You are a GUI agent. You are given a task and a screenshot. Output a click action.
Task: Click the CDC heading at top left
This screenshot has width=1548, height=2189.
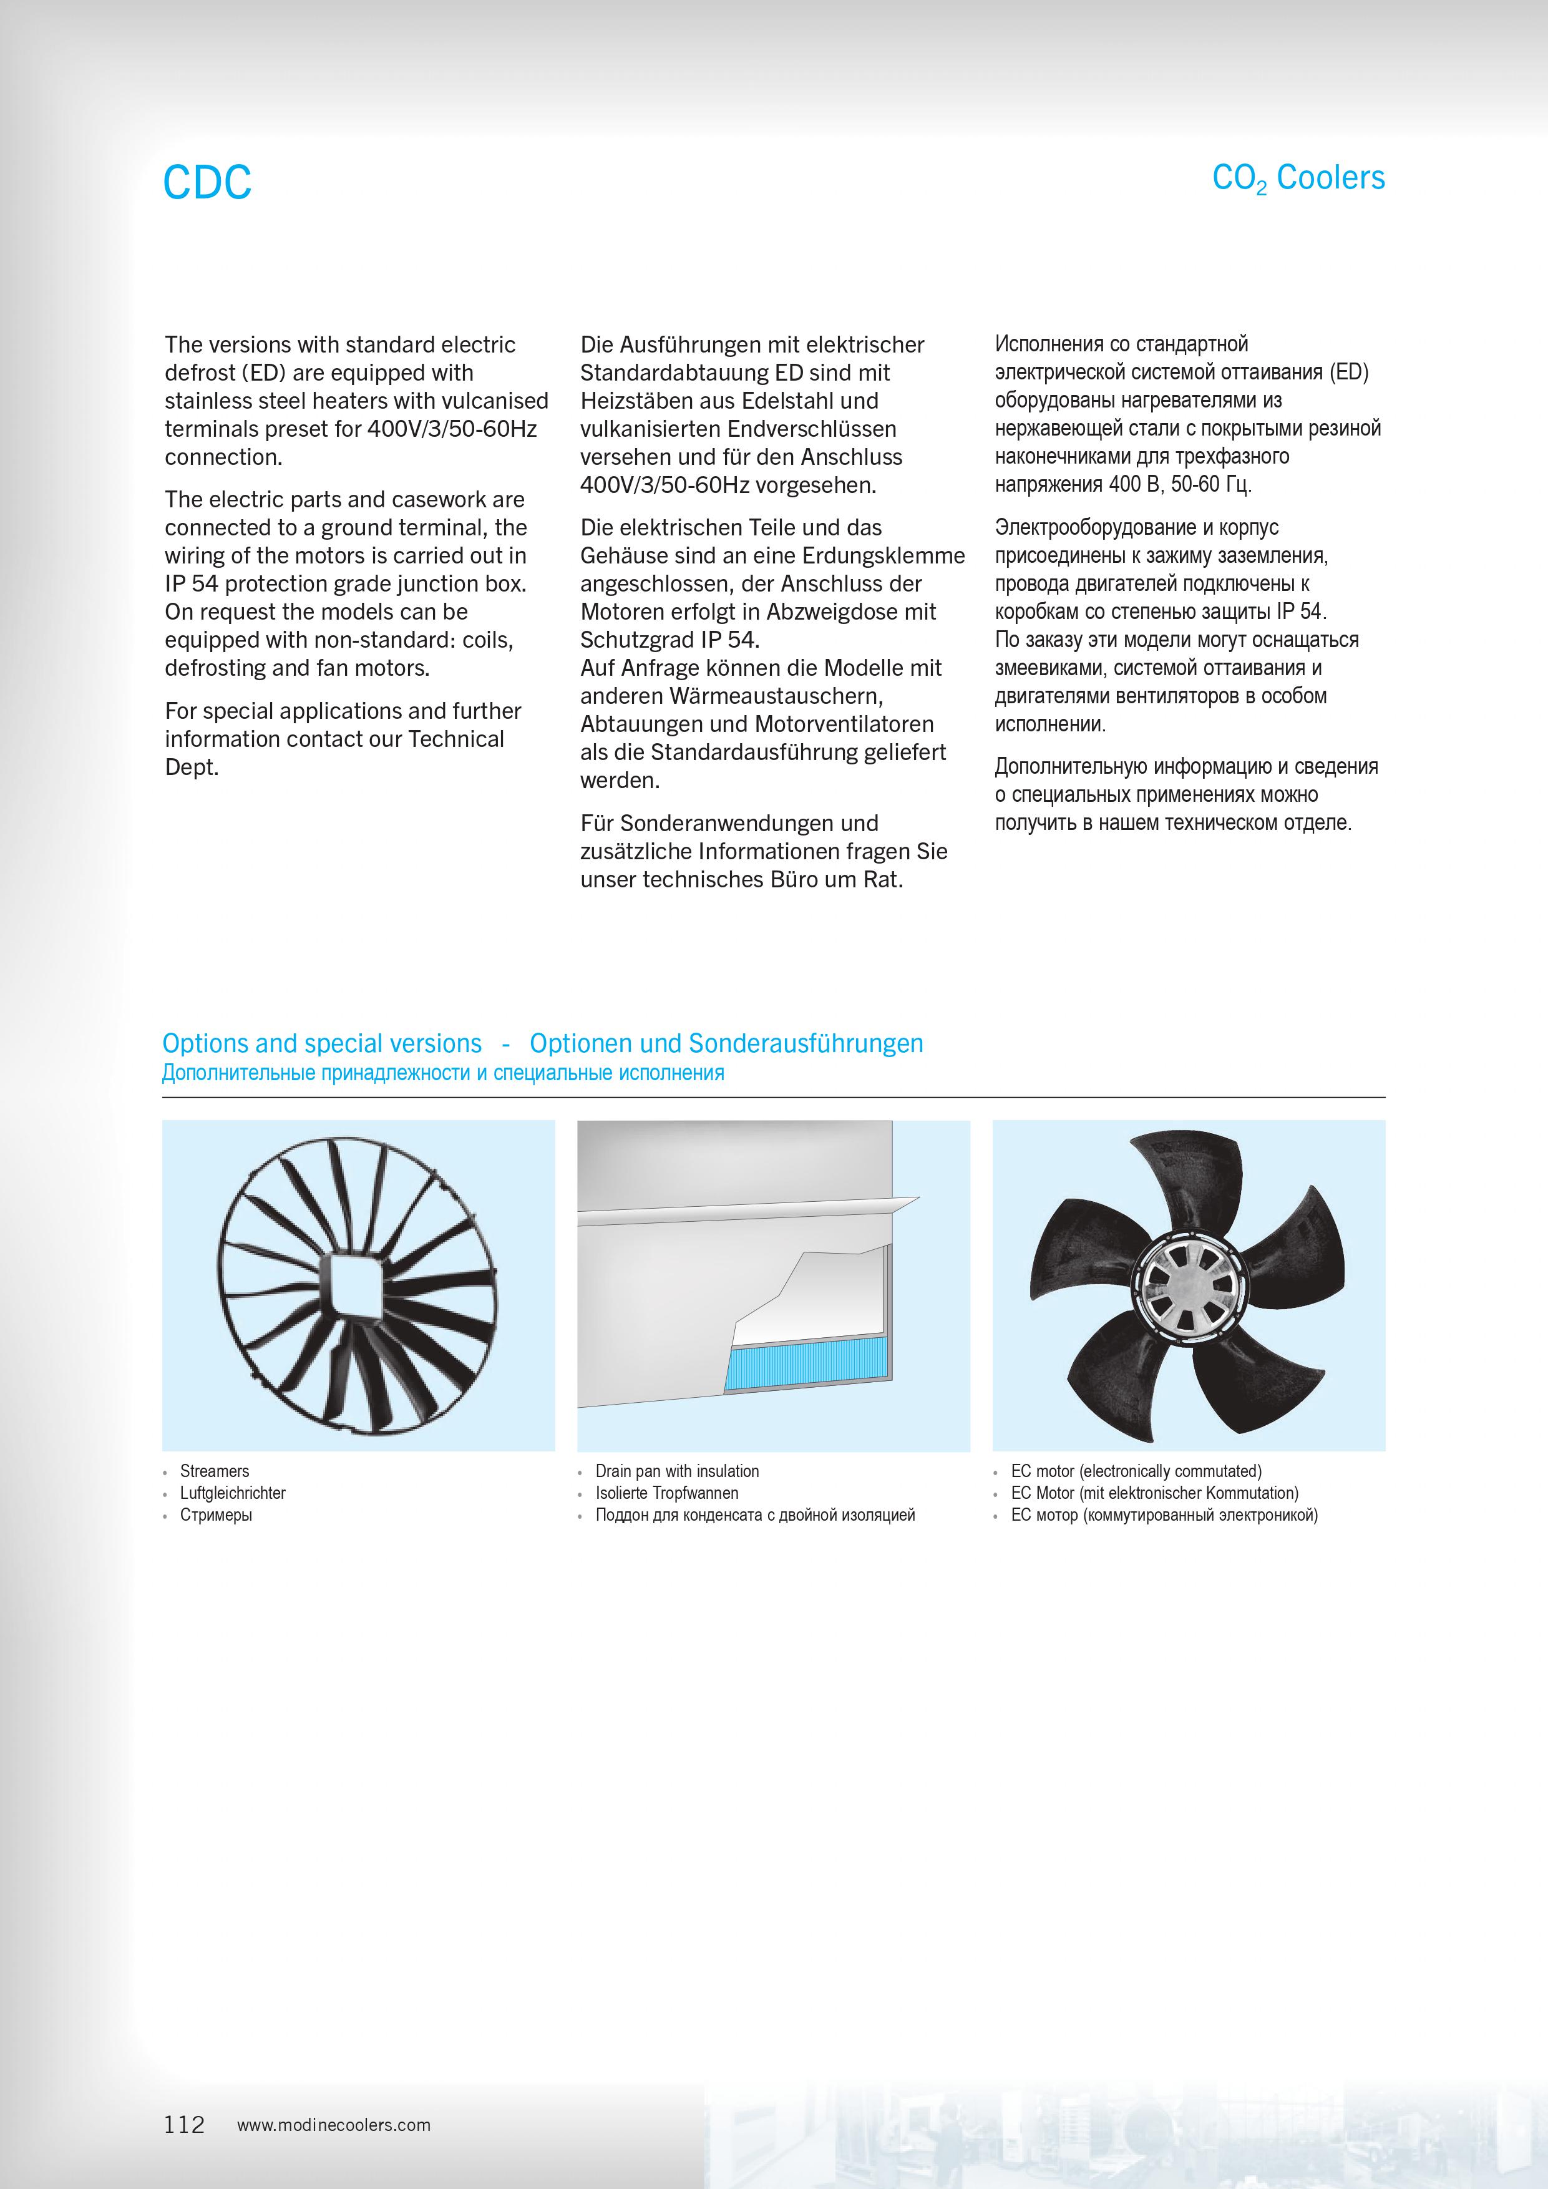(207, 182)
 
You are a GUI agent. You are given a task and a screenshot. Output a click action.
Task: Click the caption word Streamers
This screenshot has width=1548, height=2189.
(215, 1471)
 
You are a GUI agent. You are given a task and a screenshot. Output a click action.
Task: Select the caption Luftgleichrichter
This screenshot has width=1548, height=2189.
(233, 1493)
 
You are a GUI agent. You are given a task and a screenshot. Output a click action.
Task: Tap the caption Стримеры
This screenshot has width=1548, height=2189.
(217, 1515)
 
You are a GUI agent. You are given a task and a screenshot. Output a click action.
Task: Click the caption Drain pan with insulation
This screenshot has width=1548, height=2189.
(677, 1471)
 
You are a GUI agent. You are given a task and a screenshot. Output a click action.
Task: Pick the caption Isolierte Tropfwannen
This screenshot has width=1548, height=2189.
(666, 1493)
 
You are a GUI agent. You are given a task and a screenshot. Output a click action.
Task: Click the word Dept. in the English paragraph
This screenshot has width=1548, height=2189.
(192, 768)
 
